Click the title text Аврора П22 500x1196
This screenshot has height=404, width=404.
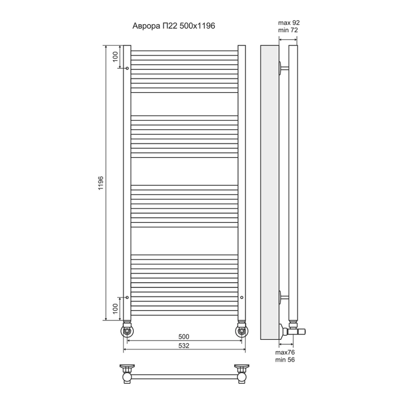[174, 26]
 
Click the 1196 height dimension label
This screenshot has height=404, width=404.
[101, 183]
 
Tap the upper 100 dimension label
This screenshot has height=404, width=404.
[115, 57]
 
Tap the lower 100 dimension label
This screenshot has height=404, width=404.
[115, 308]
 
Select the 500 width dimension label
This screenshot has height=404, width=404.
[184, 337]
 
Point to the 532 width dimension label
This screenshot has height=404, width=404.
[184, 346]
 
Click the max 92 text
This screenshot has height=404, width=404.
[289, 23]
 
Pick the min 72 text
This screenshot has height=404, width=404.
[288, 30]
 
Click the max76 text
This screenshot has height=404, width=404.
[285, 352]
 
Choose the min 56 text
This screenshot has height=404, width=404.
[285, 360]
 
